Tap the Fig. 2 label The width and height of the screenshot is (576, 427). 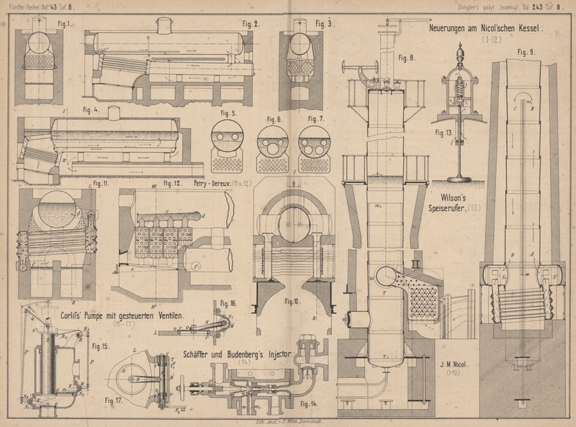point(251,24)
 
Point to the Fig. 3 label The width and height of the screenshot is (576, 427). point(323,23)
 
